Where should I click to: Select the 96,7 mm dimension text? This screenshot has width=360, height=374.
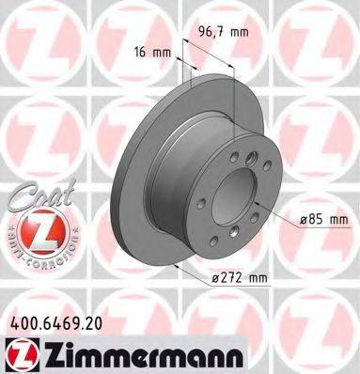[222, 32]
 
